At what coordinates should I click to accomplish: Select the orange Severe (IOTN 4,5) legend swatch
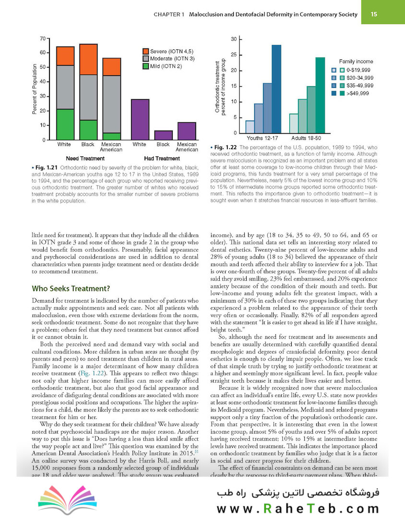[146, 51]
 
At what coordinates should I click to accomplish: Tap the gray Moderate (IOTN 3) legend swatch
[146, 59]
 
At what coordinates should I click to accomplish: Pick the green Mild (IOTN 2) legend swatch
[146, 66]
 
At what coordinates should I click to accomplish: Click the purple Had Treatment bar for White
[140, 119]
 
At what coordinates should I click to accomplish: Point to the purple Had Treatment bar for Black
[163, 135]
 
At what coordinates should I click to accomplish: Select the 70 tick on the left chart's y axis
[43, 38]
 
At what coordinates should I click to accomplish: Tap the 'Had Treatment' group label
[162, 158]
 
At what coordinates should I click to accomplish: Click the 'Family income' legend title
[356, 61]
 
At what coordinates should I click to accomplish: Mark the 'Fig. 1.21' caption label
[46, 166]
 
